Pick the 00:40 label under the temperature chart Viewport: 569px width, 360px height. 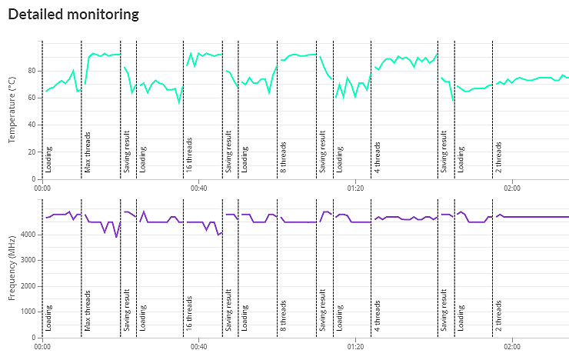pos(198,187)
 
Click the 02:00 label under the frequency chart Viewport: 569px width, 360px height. pos(512,346)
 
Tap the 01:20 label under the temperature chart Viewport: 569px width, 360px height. pos(355,187)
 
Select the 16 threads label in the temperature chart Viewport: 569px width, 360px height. pos(189,156)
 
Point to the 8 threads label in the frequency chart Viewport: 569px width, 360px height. pos(283,318)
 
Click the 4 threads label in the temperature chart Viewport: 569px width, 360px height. pos(378,158)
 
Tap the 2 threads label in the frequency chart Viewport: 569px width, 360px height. pos(498,318)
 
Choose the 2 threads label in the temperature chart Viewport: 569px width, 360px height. pos(498,158)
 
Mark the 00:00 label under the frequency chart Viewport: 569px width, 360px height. pos(43,346)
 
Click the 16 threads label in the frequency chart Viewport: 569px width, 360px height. pos(189,315)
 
